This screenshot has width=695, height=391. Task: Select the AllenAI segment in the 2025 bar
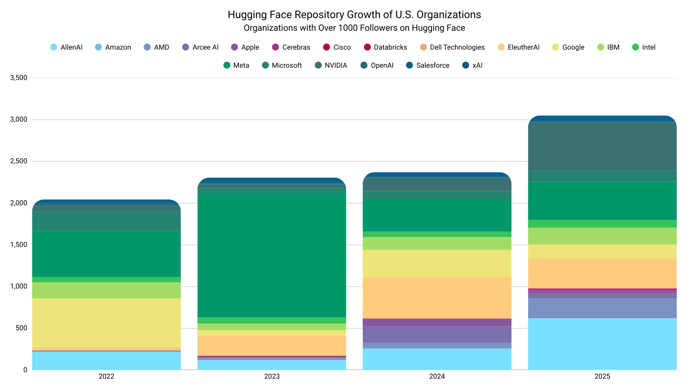[x=602, y=344]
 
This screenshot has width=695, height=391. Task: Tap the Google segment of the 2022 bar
[x=106, y=323]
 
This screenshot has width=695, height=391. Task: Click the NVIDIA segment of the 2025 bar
[x=602, y=147]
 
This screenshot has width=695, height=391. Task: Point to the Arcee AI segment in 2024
[x=437, y=335]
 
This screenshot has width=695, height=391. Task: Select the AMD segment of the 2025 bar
[x=602, y=308]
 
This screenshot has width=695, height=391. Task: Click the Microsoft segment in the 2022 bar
[x=106, y=221]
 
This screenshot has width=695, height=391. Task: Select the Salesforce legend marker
[x=409, y=65]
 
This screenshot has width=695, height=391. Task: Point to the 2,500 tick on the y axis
[x=18, y=161]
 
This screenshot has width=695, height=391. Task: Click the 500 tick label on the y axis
[x=21, y=328]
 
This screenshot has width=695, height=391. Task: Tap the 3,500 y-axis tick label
[x=18, y=78]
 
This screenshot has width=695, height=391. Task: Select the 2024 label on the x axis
[x=437, y=377]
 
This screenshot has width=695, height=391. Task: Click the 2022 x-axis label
[x=106, y=377]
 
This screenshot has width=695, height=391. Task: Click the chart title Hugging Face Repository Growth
[x=354, y=14]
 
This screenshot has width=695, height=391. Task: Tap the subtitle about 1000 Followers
[x=354, y=28]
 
